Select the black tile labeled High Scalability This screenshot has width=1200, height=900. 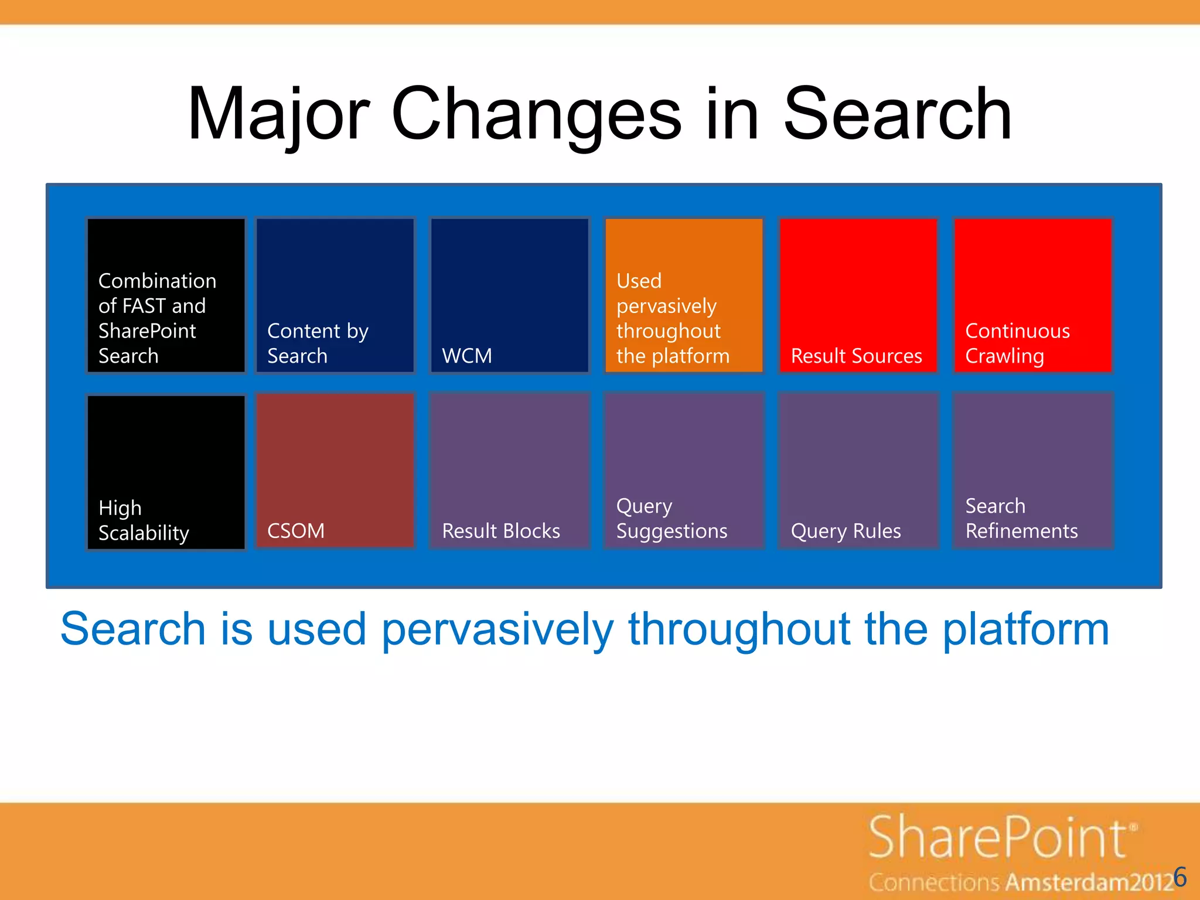tap(166, 472)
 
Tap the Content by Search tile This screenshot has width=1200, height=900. tap(335, 295)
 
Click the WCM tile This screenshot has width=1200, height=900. tap(509, 295)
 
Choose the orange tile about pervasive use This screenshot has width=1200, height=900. tap(684, 295)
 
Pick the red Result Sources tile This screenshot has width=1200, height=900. tap(858, 295)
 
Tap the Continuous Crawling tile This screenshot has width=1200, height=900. tap(1032, 295)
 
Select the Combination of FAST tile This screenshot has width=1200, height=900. tap(166, 295)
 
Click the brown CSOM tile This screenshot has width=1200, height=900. tap(335, 471)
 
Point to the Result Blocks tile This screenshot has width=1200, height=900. tap(509, 471)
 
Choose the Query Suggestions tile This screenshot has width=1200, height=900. tap(684, 471)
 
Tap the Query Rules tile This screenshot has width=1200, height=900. tap(858, 471)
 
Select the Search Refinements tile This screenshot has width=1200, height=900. tap(1032, 471)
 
